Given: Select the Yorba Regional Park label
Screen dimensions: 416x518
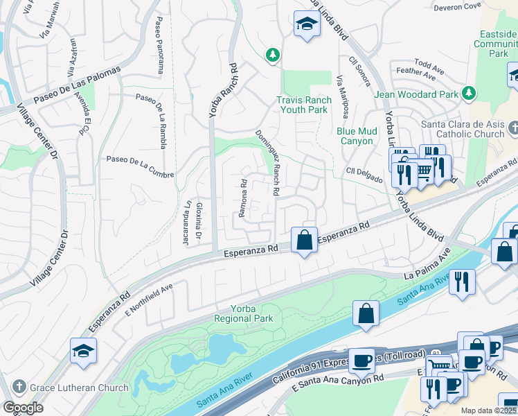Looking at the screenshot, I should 244,313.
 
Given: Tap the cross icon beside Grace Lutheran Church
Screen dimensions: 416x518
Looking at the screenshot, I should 19,388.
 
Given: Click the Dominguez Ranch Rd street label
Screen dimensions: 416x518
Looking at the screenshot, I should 267,162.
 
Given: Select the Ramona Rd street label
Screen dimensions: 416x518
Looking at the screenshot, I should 243,198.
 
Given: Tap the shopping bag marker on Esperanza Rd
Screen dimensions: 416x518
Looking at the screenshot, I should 304,241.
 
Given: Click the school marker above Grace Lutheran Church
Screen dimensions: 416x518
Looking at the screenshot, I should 83,352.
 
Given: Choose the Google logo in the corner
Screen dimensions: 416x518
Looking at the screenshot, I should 24,408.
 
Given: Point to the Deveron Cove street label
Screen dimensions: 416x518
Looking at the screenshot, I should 457,7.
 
